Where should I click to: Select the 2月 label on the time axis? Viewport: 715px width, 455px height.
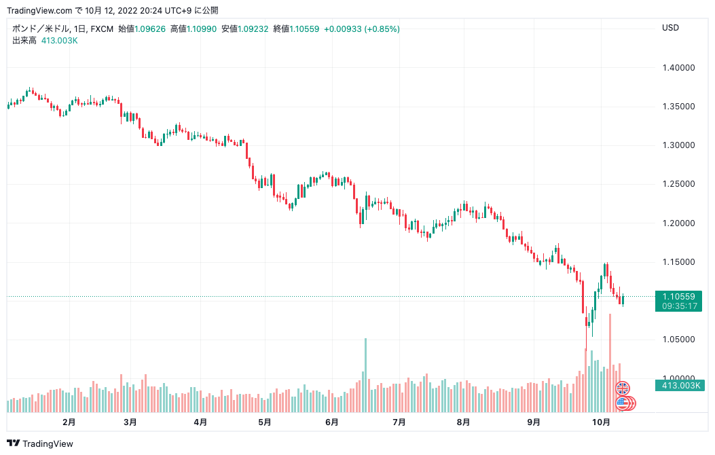tap(69, 422)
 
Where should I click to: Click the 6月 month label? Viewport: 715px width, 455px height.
tap(332, 422)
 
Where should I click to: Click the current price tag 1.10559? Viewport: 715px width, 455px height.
tap(678, 296)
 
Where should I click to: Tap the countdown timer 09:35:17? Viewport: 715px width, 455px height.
tap(678, 306)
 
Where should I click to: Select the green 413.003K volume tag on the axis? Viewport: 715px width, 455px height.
tap(678, 386)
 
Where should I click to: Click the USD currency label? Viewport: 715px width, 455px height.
tap(670, 28)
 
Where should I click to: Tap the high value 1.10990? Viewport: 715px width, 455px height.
tap(202, 29)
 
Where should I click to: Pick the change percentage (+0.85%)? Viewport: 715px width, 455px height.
tap(382, 29)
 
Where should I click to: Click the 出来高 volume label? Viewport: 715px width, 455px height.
tap(24, 41)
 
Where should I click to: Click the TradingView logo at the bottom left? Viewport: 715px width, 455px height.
tap(41, 444)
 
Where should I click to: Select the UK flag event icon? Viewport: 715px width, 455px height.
tap(623, 388)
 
